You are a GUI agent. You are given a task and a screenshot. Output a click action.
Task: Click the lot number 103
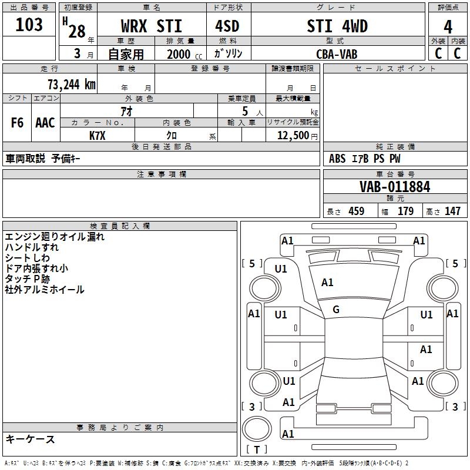tap(29, 24)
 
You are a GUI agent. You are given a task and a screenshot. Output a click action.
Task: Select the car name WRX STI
tap(152, 26)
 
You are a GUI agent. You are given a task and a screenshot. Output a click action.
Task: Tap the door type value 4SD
tap(227, 26)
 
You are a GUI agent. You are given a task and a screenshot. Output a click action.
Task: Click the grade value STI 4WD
tap(337, 26)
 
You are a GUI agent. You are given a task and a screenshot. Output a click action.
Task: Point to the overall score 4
tap(448, 27)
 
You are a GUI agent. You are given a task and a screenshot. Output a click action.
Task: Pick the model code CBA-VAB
tap(337, 54)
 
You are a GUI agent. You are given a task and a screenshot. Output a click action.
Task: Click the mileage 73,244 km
tap(72, 85)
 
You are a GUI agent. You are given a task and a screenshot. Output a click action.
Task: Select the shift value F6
tap(17, 123)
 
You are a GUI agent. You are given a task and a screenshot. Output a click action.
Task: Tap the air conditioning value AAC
tap(45, 123)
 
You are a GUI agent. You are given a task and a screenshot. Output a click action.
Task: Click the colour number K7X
tap(98, 136)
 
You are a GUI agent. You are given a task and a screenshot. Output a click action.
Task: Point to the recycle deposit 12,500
tap(293, 136)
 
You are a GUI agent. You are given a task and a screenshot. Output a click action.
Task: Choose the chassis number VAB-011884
tap(395, 187)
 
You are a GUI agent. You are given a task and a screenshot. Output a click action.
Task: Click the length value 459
tap(357, 211)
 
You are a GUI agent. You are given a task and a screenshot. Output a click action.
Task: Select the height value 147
tap(452, 211)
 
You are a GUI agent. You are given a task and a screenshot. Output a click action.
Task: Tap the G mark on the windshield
tap(336, 310)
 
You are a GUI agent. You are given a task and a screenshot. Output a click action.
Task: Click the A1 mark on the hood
tap(327, 283)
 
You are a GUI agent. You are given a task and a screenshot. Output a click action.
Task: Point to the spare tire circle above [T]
tap(257, 428)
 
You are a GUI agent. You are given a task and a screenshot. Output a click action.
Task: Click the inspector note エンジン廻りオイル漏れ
tap(55, 237)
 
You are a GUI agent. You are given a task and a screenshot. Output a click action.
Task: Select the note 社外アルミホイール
tap(45, 290)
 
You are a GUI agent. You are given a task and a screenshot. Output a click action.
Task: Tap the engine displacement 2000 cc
tap(184, 54)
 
